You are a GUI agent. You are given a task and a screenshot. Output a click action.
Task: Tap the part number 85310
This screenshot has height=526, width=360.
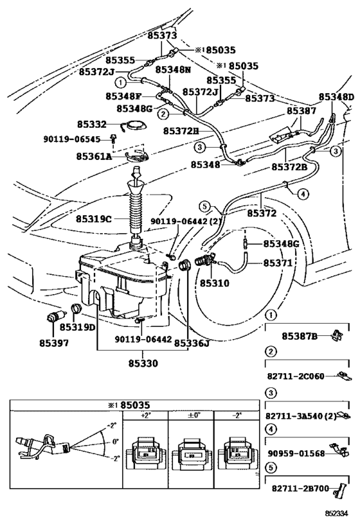click(211, 282)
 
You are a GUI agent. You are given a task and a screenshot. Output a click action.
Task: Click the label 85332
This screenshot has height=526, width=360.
click(91, 123)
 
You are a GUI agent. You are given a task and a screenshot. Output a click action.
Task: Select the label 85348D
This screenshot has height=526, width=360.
click(336, 97)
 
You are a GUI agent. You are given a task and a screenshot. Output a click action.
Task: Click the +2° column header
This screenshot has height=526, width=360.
click(145, 416)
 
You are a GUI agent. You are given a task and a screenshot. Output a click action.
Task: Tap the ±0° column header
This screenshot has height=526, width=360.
click(190, 416)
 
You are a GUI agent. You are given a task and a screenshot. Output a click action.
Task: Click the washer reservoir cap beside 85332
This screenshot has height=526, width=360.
click(134, 127)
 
